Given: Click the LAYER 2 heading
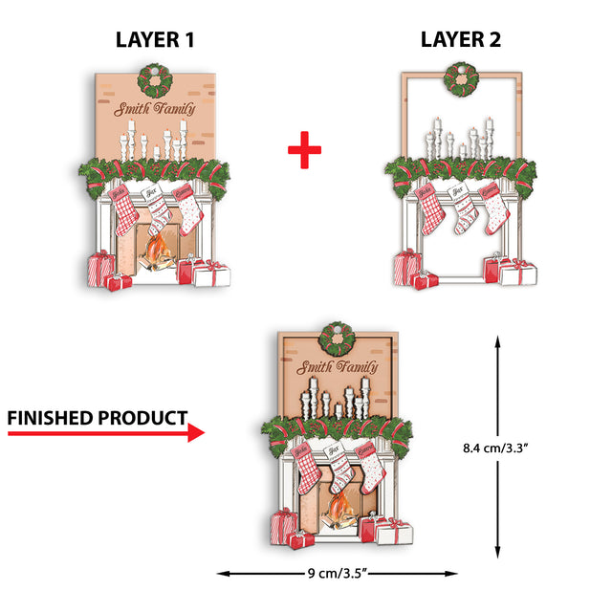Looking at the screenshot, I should [461, 39].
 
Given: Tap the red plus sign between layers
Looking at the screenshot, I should [304, 149].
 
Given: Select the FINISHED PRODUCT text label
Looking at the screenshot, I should [97, 418].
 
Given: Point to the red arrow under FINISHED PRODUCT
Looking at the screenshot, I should [105, 433].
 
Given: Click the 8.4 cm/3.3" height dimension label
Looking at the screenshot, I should [548, 447].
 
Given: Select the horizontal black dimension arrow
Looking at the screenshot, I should [338, 574].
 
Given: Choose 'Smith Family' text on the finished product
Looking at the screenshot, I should [338, 368].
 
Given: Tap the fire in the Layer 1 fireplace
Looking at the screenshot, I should [158, 254].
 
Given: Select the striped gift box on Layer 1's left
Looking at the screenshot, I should [99, 267].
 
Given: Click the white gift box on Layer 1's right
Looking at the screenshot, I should [211, 274].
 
